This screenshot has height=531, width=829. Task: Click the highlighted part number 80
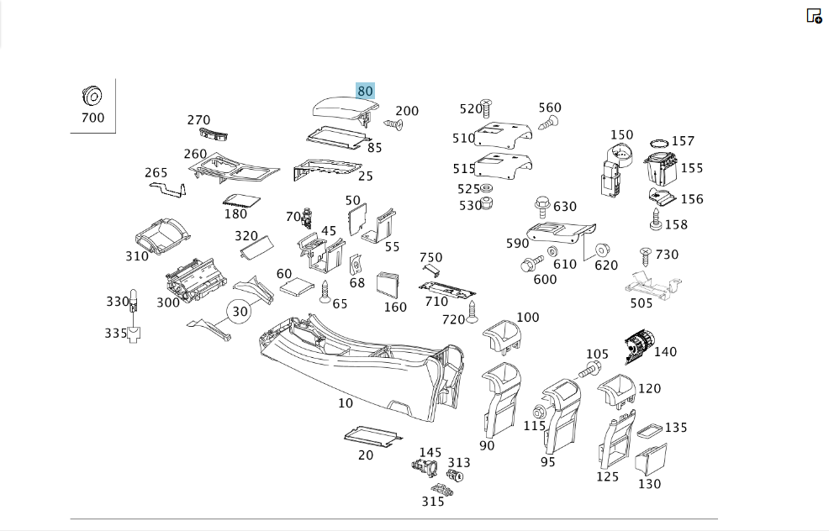[365, 91]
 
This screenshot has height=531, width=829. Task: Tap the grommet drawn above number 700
[92, 96]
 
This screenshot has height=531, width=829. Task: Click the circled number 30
[240, 312]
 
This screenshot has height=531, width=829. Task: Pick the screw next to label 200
[393, 124]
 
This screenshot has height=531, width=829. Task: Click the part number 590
[517, 243]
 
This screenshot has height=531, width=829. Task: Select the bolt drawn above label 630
[542, 207]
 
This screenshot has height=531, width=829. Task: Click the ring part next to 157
[659, 143]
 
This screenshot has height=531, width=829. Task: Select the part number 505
[642, 303]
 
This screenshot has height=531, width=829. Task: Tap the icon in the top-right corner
[814, 16]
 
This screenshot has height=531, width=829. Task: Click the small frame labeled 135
[649, 431]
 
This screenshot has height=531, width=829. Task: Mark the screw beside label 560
[548, 124]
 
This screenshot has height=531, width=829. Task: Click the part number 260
[195, 154]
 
